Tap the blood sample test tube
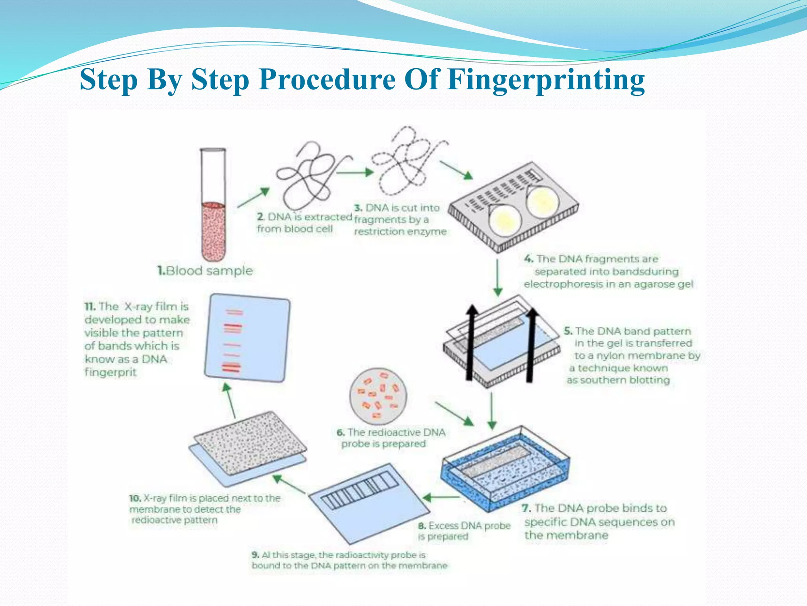[x=213, y=205]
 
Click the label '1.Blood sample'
[x=205, y=271]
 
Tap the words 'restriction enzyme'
[x=400, y=232]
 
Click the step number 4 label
[x=528, y=259]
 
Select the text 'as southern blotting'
[x=618, y=380]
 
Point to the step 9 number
[x=255, y=555]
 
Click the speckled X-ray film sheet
[x=250, y=443]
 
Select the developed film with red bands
[x=247, y=338]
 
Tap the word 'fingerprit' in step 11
[x=110, y=372]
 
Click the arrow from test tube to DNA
[x=254, y=197]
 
